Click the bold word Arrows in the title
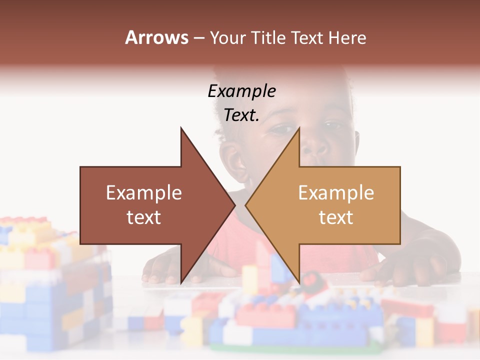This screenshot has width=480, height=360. click(157, 37)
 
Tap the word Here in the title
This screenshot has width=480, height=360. click(346, 37)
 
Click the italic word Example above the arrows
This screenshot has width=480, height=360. click(241, 91)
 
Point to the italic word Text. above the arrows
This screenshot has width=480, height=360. click(241, 115)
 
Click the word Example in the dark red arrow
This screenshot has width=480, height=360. click(144, 193)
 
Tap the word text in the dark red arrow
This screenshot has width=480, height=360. click(144, 217)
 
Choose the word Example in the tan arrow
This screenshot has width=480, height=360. click(336, 193)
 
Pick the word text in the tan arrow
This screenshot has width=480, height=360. click(336, 217)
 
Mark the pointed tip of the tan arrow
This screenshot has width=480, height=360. click(246, 205)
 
